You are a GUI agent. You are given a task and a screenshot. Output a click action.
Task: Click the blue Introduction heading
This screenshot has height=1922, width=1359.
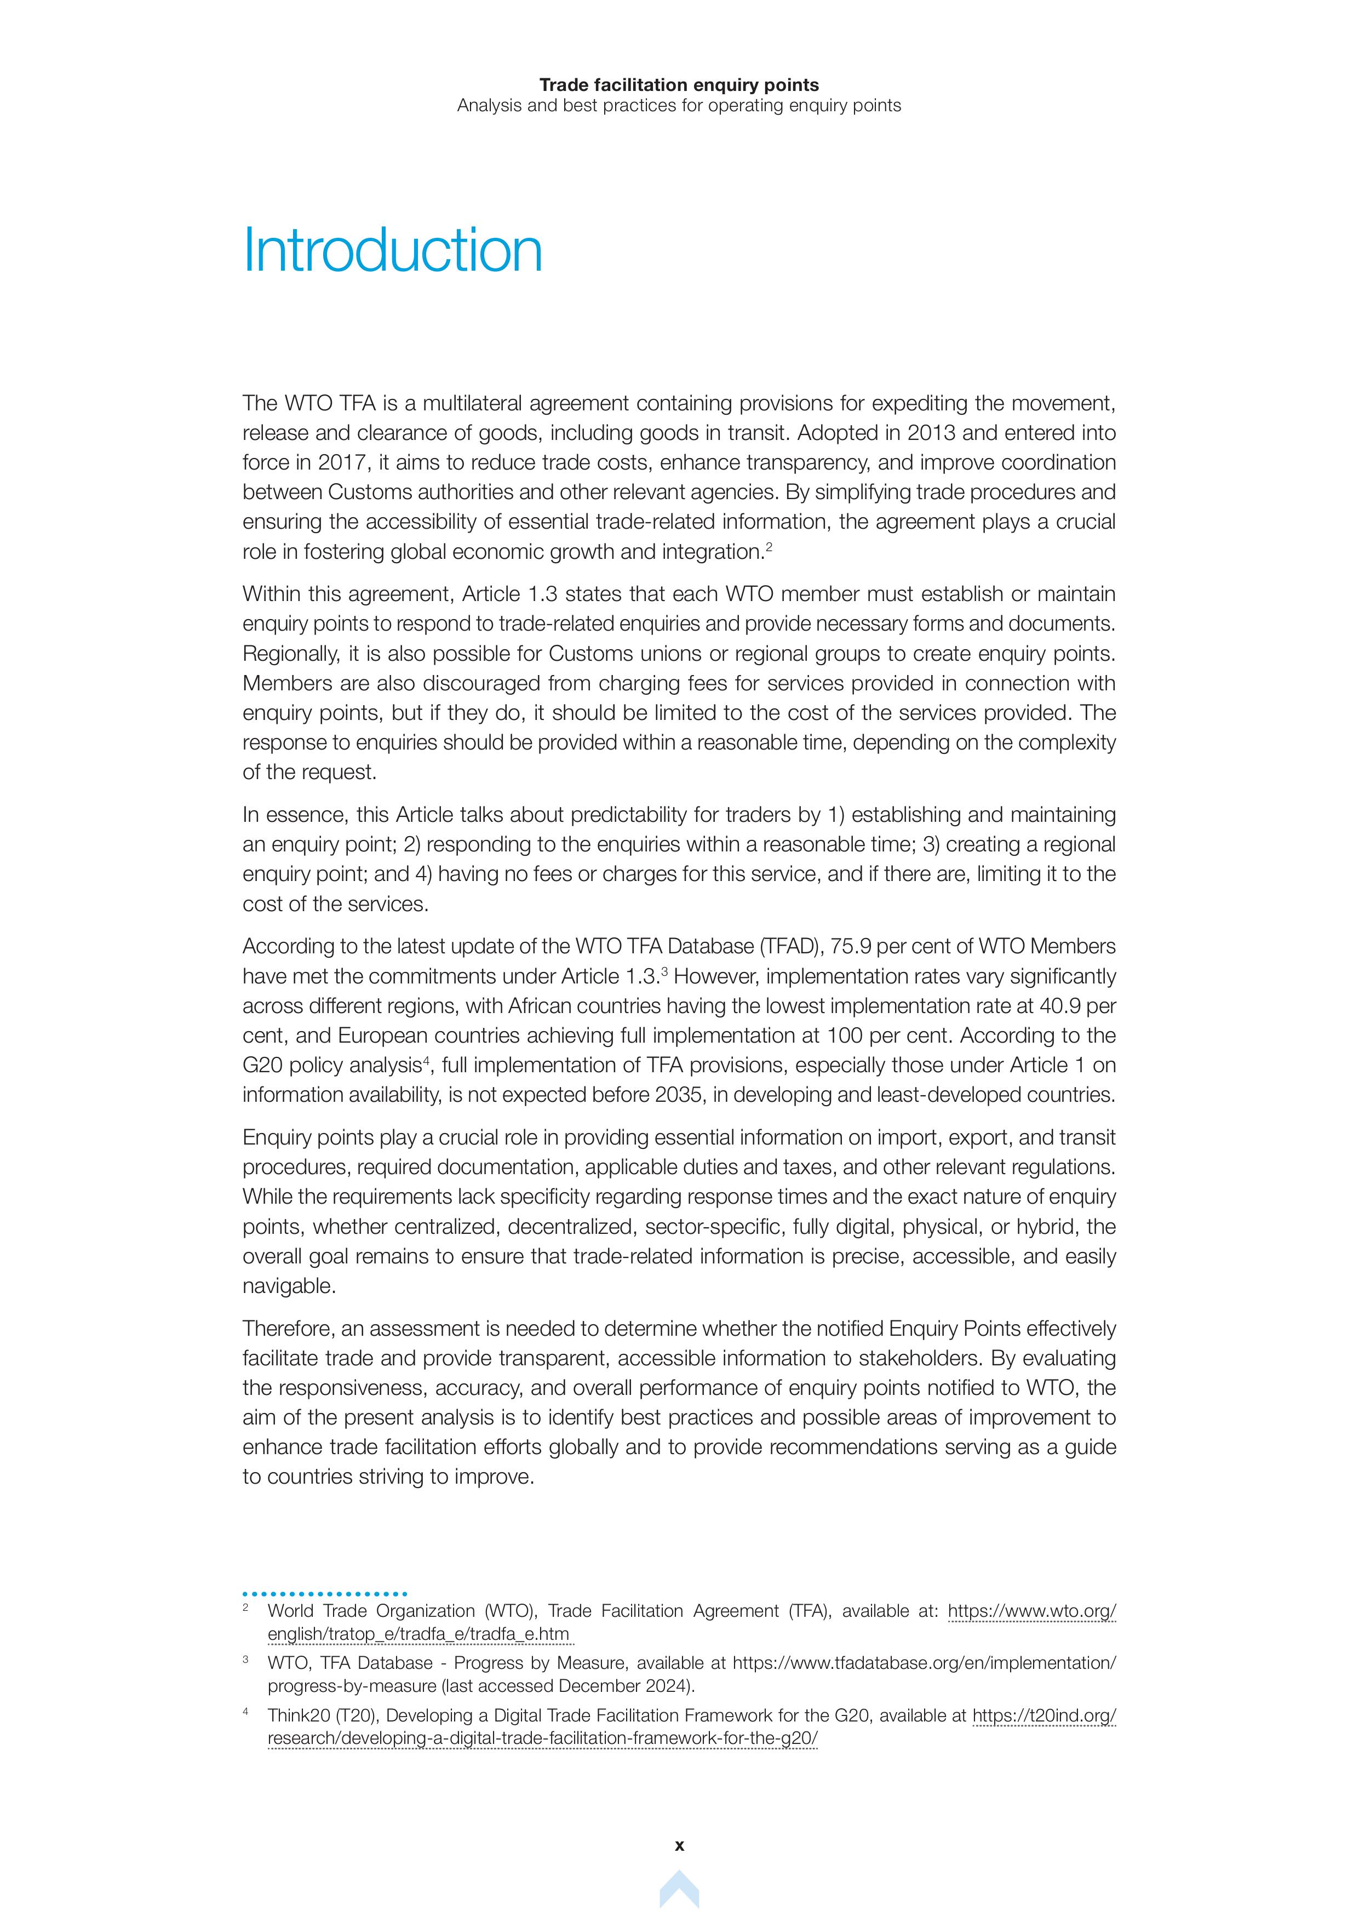pyautogui.click(x=392, y=250)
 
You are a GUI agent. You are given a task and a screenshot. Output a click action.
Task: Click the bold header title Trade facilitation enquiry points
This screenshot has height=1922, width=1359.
pyautogui.click(x=679, y=84)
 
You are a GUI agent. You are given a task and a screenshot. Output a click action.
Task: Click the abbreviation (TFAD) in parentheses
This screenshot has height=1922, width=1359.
pyautogui.click(x=789, y=946)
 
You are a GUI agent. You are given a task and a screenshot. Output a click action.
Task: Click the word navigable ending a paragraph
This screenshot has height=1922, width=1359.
pyautogui.click(x=289, y=1286)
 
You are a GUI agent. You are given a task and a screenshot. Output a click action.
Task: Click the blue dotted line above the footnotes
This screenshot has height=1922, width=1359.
pyautogui.click(x=325, y=1594)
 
